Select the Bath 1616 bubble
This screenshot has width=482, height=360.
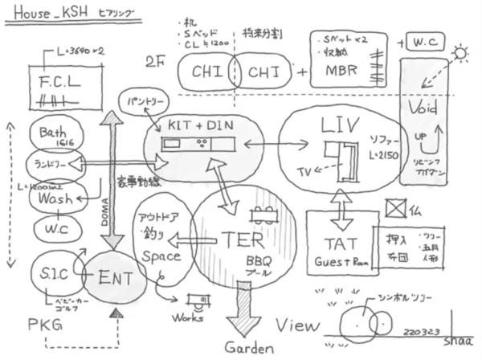click(52, 133)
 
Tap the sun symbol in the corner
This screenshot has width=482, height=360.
click(463, 54)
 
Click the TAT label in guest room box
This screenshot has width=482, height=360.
click(344, 241)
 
